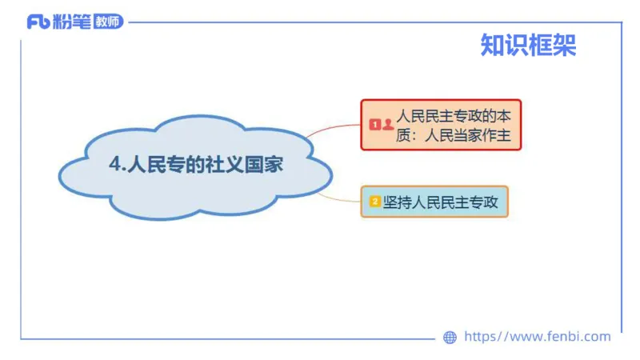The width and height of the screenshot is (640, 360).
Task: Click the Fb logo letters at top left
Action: [38, 22]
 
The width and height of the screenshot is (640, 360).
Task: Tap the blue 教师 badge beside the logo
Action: [108, 22]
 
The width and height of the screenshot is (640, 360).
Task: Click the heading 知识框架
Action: [528, 45]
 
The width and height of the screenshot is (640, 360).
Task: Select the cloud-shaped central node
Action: [196, 166]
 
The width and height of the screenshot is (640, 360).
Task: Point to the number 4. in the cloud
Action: [118, 164]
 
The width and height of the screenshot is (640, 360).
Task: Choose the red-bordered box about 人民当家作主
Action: [440, 125]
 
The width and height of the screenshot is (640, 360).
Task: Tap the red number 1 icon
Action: [374, 125]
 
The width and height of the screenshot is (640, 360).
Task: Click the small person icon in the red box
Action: [388, 125]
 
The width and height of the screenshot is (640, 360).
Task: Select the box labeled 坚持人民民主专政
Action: [434, 202]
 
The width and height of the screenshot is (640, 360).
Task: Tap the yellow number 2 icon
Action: [374, 202]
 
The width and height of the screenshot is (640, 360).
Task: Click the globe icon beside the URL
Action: [450, 337]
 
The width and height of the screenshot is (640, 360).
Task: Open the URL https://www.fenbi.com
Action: [537, 337]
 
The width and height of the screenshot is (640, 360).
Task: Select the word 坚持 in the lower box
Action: [398, 202]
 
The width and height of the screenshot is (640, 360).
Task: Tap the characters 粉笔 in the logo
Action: [70, 22]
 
